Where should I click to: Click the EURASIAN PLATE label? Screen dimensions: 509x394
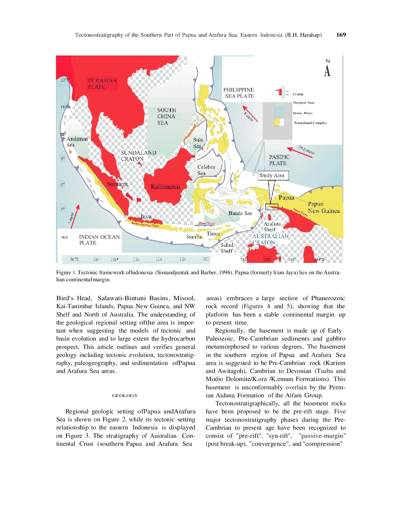(102, 84)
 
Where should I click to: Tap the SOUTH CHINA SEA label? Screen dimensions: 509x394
(166, 116)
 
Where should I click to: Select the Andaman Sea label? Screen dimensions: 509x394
(77, 142)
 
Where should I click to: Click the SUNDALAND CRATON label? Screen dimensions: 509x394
(138, 155)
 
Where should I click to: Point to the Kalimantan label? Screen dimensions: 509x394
(165, 187)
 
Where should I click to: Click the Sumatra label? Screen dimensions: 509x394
(117, 184)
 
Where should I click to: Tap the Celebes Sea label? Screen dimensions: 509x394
(206, 170)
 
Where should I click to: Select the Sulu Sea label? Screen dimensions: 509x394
(198, 143)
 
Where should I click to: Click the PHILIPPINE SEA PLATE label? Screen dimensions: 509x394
(239, 93)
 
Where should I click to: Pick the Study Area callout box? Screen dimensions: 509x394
(273, 176)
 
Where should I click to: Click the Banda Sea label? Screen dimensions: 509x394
(240, 213)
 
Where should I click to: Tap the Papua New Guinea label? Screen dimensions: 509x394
(323, 207)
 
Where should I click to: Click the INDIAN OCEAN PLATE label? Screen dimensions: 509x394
(99, 240)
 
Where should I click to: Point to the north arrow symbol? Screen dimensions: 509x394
(327, 68)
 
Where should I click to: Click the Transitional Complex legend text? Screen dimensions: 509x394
(310, 123)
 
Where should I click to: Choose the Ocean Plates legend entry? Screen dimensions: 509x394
(303, 113)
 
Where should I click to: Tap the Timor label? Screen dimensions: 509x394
(213, 234)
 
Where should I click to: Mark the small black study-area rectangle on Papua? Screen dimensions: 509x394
(272, 207)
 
